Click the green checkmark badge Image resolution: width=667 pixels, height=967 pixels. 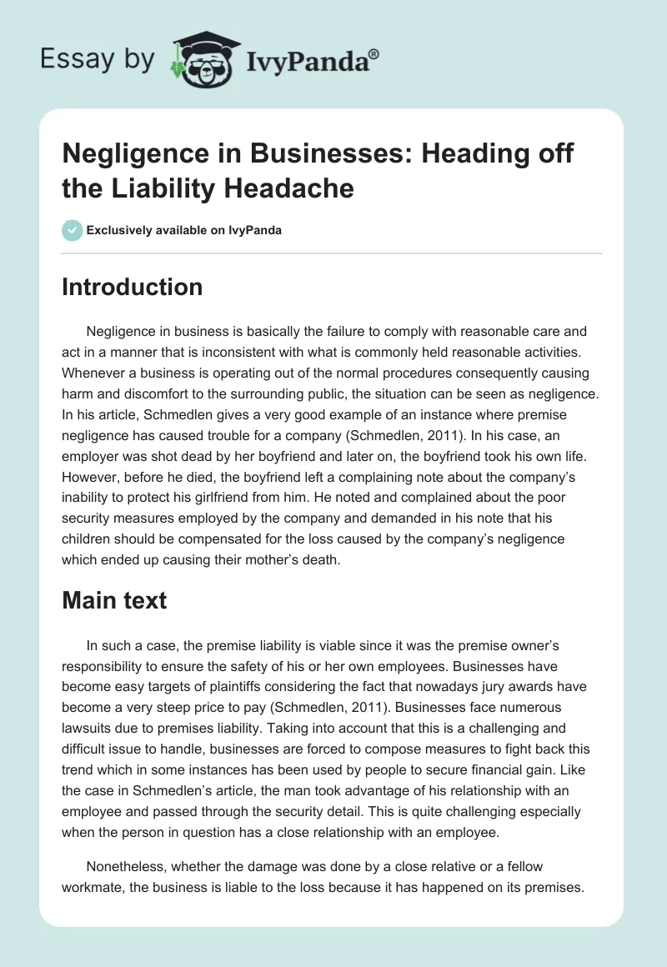[73, 230]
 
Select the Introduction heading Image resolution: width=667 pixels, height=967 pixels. [133, 287]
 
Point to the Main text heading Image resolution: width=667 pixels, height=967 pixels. [114, 599]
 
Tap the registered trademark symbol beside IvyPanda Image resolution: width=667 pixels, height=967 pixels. [374, 53]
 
